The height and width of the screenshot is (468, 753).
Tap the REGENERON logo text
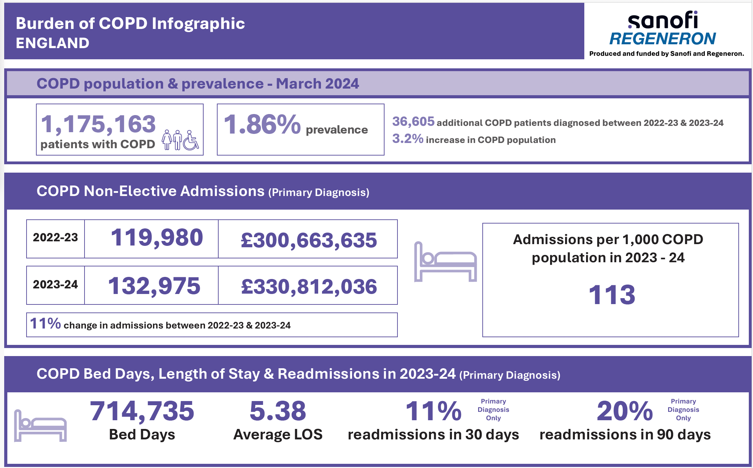(x=663, y=39)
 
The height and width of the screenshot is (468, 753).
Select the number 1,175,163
(x=98, y=124)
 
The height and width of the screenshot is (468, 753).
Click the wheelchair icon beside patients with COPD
(x=191, y=141)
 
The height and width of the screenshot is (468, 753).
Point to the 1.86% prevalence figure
(x=262, y=124)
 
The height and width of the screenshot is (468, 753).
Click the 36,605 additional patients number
(x=413, y=122)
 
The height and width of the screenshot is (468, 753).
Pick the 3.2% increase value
(x=408, y=139)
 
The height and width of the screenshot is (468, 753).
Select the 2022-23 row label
(x=55, y=238)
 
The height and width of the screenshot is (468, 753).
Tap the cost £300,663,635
(x=309, y=240)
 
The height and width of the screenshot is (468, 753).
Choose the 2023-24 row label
(x=55, y=285)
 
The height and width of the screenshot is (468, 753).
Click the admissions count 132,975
(x=154, y=286)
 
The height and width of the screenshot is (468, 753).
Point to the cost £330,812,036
(x=309, y=287)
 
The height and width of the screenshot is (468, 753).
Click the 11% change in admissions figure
(x=45, y=324)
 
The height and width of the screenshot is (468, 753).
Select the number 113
(x=612, y=295)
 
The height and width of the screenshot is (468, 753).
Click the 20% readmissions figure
(x=624, y=411)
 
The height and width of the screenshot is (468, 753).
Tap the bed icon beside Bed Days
(x=40, y=426)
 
